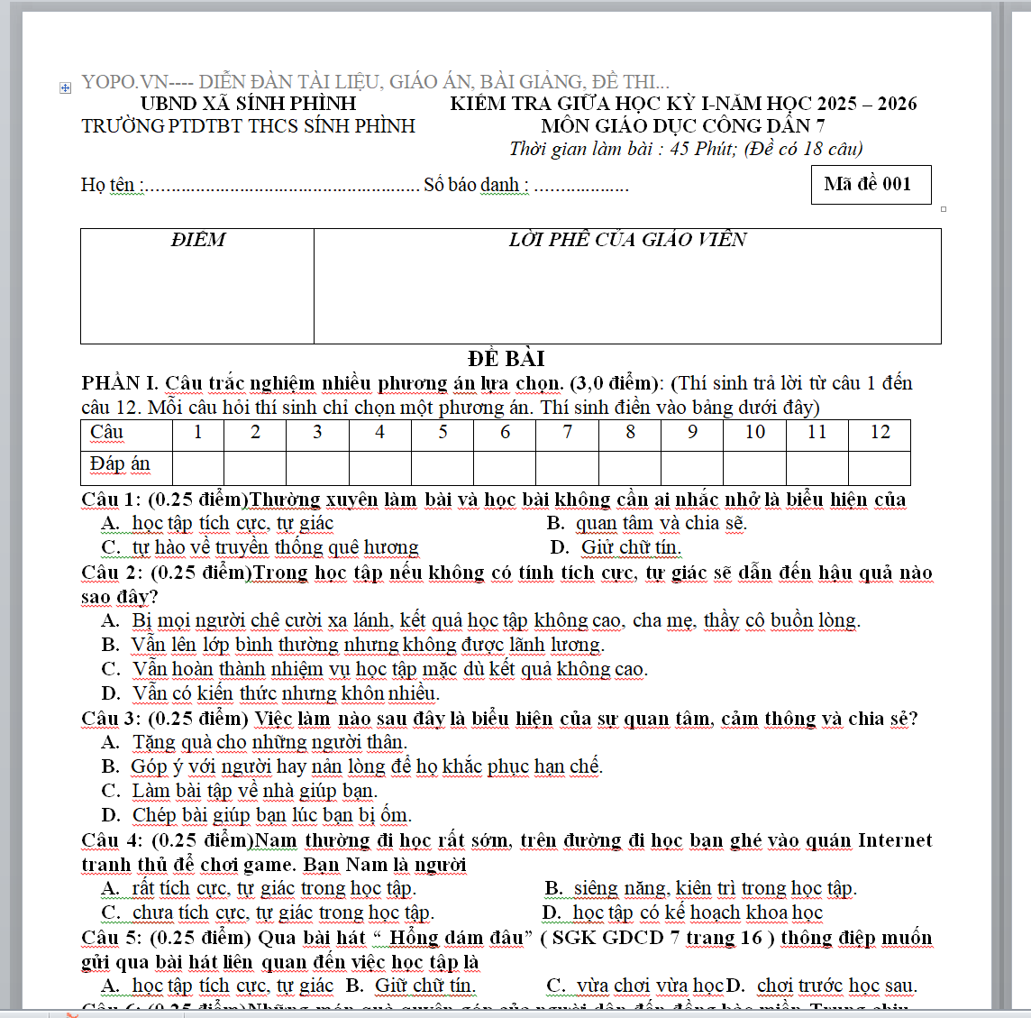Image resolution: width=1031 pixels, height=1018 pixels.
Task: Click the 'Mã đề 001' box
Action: (870, 184)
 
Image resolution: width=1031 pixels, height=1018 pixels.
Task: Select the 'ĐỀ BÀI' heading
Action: (506, 359)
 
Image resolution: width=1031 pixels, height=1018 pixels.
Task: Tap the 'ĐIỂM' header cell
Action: (197, 240)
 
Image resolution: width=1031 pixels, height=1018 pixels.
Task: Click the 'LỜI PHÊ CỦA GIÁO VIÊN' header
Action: (627, 240)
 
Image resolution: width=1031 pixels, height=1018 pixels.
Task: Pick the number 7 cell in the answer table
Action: (567, 433)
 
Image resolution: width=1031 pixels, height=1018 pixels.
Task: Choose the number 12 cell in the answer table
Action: (880, 433)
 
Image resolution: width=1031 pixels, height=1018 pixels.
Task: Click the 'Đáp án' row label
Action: (120, 464)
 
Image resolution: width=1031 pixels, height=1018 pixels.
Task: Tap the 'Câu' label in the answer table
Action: (107, 433)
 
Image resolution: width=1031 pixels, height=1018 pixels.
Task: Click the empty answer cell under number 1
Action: (198, 467)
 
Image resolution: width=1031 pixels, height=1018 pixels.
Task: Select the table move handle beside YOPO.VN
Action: (65, 87)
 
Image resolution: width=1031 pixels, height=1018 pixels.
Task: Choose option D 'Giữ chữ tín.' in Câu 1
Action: (630, 547)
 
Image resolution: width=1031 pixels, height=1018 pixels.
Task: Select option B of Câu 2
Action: (367, 645)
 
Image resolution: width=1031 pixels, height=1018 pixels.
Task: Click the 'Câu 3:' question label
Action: (111, 719)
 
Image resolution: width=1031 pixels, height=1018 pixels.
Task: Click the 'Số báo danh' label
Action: (476, 185)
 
